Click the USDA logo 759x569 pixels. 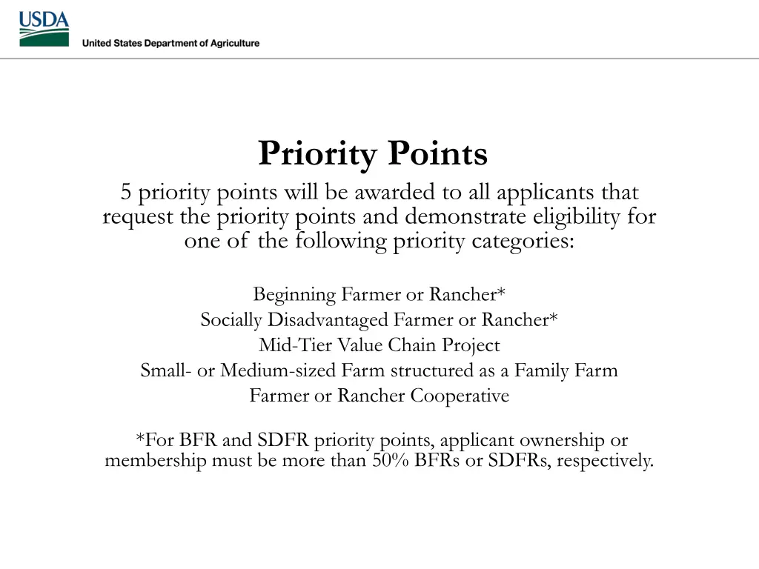[x=44, y=29]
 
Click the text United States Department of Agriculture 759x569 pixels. [x=170, y=43]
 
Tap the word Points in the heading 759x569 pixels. [x=438, y=154]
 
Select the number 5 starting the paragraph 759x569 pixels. [x=127, y=193]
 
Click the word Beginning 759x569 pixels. [x=294, y=295]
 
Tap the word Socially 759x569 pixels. [x=231, y=320]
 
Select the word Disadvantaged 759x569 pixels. [x=328, y=320]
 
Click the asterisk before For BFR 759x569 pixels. [x=139, y=438]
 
